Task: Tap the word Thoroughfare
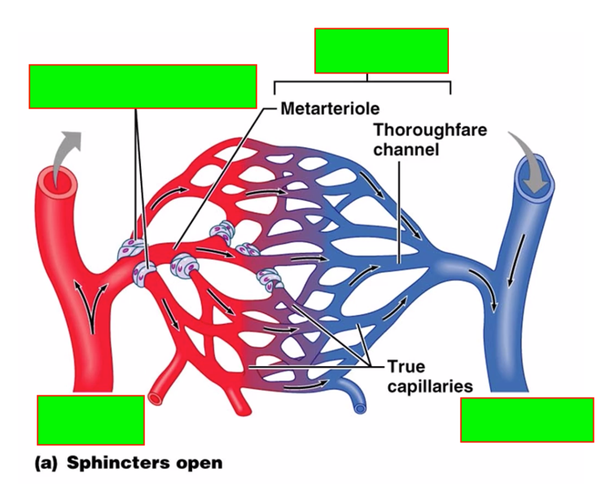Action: [430, 130]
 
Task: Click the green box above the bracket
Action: [381, 51]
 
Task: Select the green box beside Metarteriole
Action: [142, 86]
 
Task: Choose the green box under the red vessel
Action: [90, 420]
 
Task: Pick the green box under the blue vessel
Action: [526, 420]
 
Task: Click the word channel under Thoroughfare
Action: [406, 150]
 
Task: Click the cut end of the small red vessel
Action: [156, 398]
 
